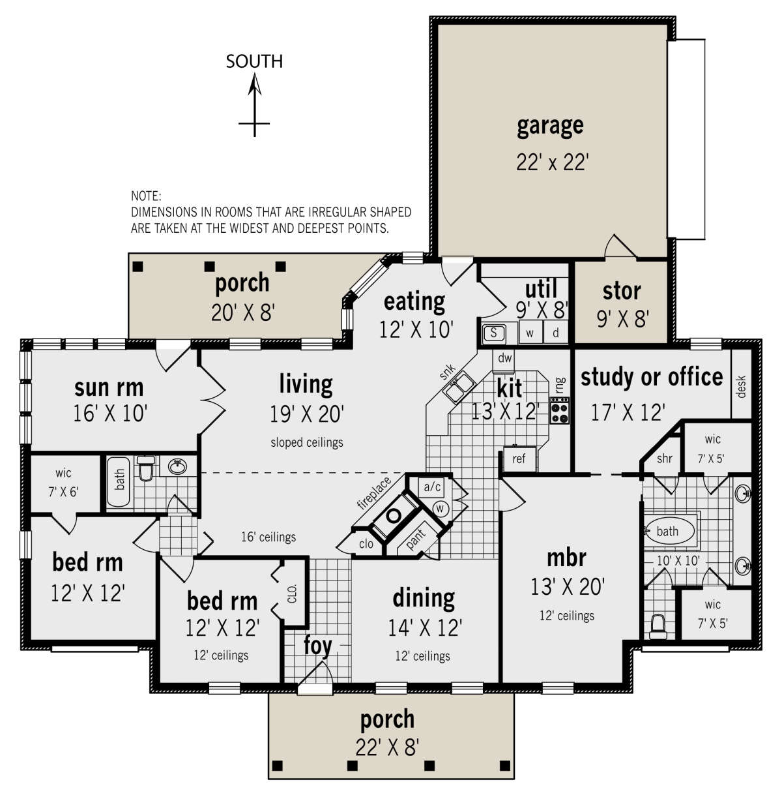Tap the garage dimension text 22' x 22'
[x=553, y=162]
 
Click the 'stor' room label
[x=622, y=290]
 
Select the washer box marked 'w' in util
[x=530, y=333]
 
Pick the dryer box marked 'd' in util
[x=556, y=333]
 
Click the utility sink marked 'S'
[x=495, y=333]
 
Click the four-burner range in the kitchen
[x=560, y=410]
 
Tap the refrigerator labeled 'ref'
[x=519, y=459]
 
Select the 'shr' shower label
[x=664, y=459]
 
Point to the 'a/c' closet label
[x=433, y=487]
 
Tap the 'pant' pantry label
[x=415, y=539]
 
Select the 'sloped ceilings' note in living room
[x=307, y=443]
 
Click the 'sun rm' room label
[x=109, y=387]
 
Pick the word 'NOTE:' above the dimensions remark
[x=146, y=196]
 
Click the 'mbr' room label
[x=567, y=558]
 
